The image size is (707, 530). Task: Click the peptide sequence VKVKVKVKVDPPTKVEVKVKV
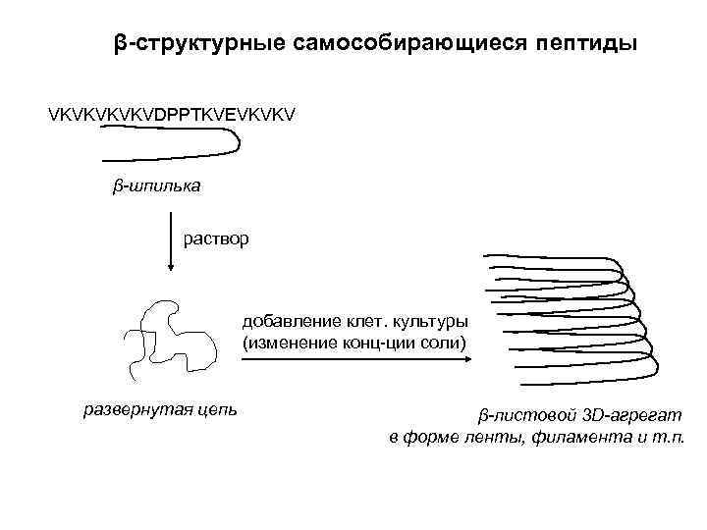click(x=172, y=116)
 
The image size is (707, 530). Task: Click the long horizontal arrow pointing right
click(x=354, y=360)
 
